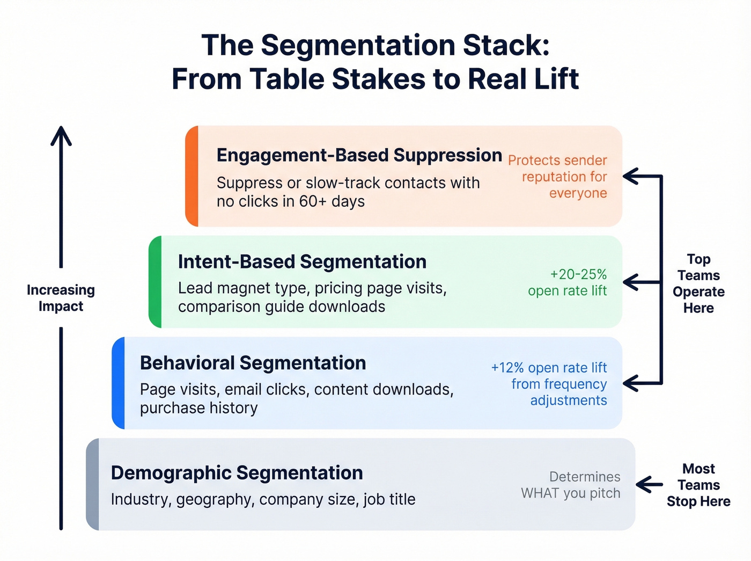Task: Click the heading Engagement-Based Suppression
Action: pyautogui.click(x=359, y=155)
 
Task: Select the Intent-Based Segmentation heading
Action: pyautogui.click(x=302, y=261)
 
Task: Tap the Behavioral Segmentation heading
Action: pyautogui.click(x=253, y=363)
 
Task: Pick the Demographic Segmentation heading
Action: pyautogui.click(x=237, y=473)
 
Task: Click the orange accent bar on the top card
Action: pyautogui.click(x=192, y=176)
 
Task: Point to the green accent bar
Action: pyautogui.click(x=156, y=282)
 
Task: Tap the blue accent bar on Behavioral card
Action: pyautogui.click(x=119, y=383)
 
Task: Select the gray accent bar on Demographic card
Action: pyautogui.click(x=93, y=484)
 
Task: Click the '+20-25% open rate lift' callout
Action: pyautogui.click(x=567, y=282)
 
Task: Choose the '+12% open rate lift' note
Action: pyautogui.click(x=549, y=384)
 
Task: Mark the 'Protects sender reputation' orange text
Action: pyautogui.click(x=557, y=177)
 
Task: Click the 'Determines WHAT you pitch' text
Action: pyautogui.click(x=571, y=485)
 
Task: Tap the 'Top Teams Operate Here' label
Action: pyautogui.click(x=698, y=283)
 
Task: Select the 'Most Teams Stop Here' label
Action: pyautogui.click(x=698, y=485)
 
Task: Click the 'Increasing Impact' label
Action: pyautogui.click(x=61, y=298)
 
